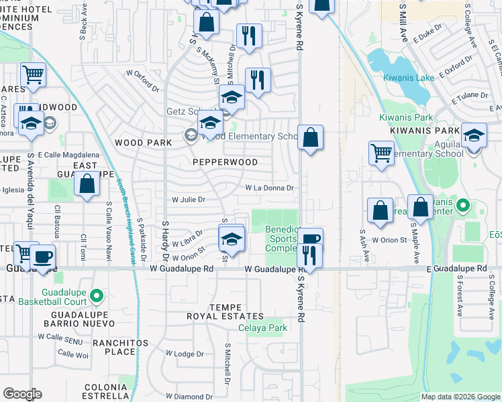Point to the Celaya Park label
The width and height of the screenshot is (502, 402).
[263, 328]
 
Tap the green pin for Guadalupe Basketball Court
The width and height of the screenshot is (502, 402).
[97, 295]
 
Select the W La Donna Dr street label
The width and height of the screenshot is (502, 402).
[269, 188]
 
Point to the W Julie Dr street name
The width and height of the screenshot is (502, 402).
[189, 199]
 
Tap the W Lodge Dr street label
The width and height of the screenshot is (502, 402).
[184, 353]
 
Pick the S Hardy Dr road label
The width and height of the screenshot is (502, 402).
[164, 239]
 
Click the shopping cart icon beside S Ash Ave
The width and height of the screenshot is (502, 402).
[381, 153]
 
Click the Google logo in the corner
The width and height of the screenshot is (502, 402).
[22, 394]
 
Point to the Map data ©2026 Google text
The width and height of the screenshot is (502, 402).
[460, 397]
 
